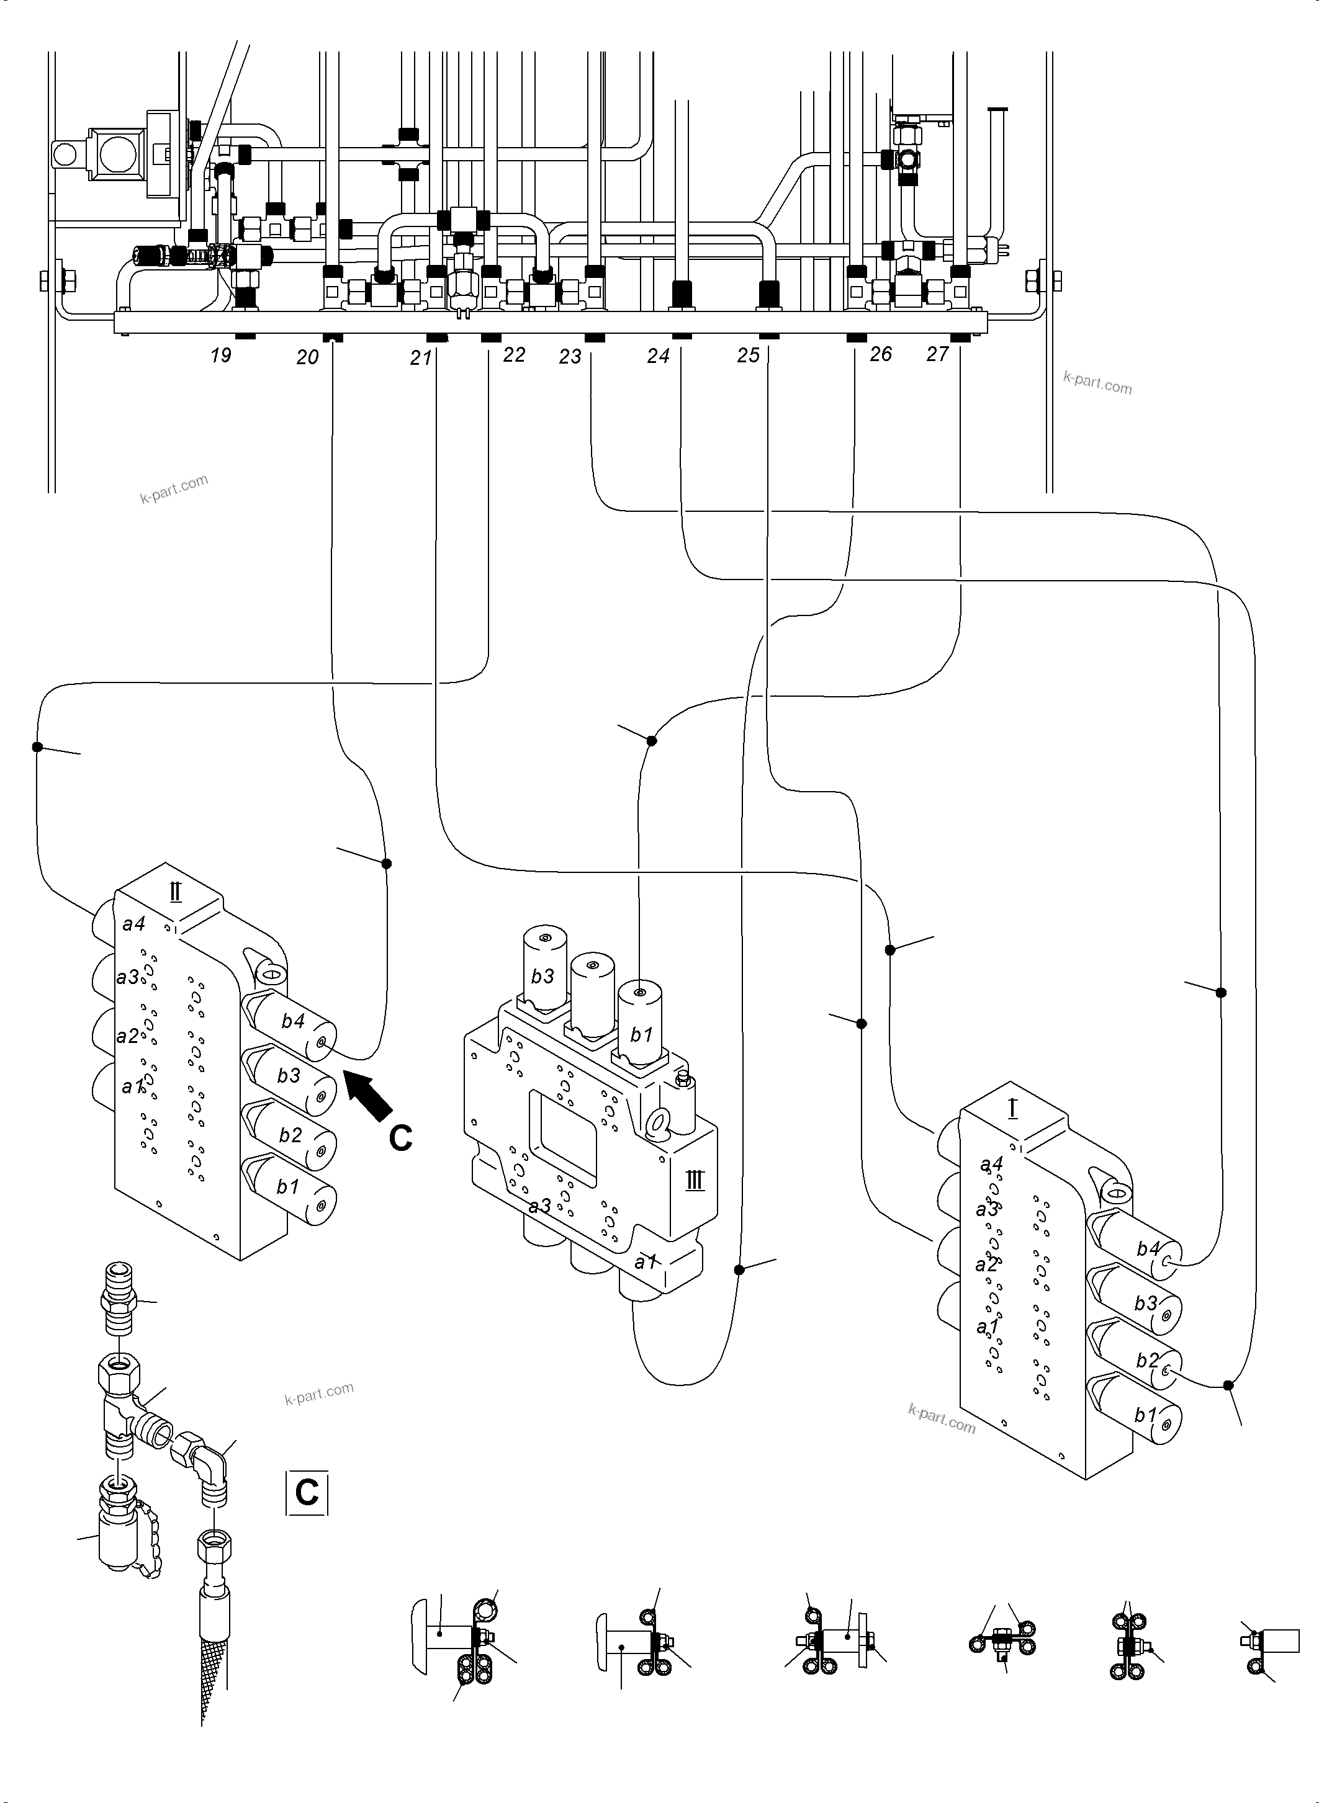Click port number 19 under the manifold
click(x=221, y=355)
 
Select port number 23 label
click(x=570, y=357)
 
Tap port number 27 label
click(x=937, y=354)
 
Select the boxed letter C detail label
click(x=307, y=1492)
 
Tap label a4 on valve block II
click(x=133, y=923)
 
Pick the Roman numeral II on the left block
click(x=176, y=892)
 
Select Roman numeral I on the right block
click(x=1012, y=1108)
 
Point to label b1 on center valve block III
click(x=641, y=1035)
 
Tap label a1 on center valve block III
click(x=645, y=1262)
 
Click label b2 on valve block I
click(x=1146, y=1360)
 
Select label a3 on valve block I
click(x=988, y=1209)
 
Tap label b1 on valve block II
click(x=287, y=1187)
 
